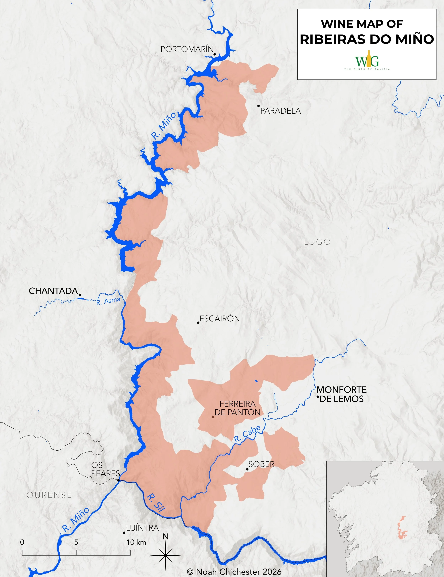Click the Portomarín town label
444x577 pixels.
[187, 49]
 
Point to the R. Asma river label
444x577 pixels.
[108, 301]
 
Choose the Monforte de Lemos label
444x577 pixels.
[342, 394]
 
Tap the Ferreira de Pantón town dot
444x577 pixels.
[213, 417]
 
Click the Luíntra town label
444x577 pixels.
[142, 528]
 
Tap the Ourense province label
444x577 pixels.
[49, 495]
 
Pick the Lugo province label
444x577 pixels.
[317, 242]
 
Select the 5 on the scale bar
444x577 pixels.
[76, 542]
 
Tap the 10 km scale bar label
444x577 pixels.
[136, 542]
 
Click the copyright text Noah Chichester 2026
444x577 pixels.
[234, 572]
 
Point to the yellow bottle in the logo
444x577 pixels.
[369, 59]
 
